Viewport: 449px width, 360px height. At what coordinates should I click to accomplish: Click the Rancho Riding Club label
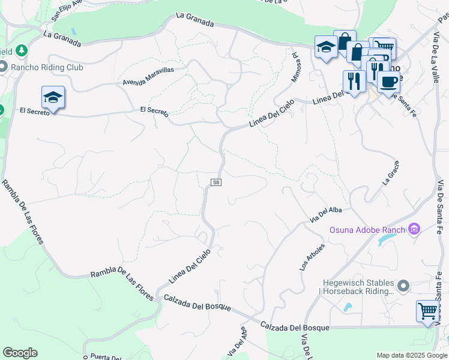pos(47,67)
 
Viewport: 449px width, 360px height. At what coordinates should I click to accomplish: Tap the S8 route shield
pos(216,182)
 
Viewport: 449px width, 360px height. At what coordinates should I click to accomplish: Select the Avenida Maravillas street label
pos(148,75)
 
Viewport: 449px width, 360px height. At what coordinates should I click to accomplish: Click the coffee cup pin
pos(388,82)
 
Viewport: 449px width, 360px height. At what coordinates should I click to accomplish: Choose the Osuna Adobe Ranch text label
pos(368,230)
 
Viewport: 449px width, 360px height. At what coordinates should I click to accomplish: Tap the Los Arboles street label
pos(313,257)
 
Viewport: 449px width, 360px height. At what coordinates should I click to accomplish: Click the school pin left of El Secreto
pos(53,98)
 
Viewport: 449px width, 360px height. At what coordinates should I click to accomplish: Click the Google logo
pos(20,353)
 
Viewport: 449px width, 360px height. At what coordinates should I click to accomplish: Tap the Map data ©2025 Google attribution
pos(412,355)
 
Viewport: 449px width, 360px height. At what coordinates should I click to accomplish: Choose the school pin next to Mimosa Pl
pos(325,47)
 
